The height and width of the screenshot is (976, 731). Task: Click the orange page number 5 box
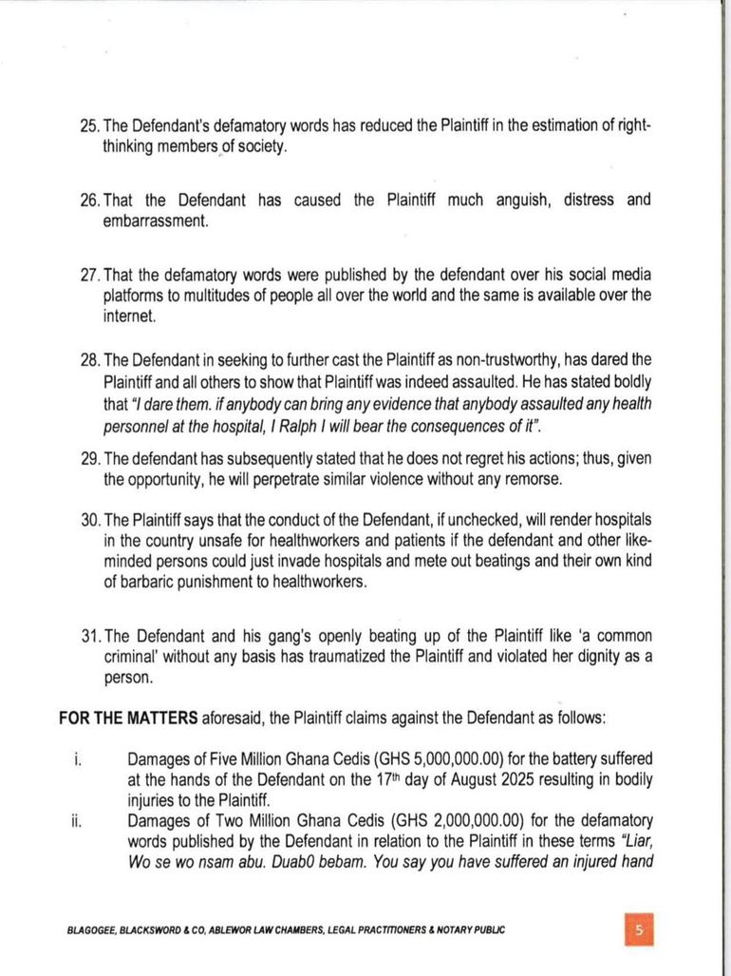(640, 929)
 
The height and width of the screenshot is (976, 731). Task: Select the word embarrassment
(156, 221)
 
